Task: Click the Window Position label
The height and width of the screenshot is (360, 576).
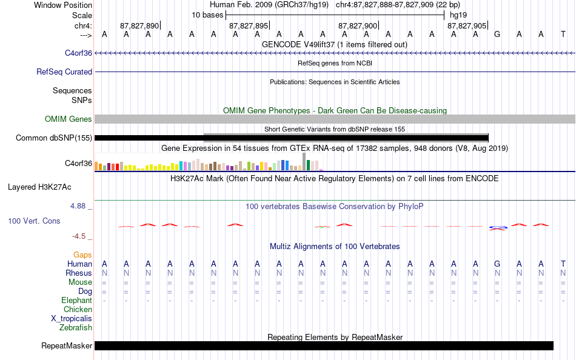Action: pos(63,5)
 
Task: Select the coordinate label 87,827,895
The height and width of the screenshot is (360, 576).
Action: pos(249,25)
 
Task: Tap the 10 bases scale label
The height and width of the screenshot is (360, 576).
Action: pos(207,15)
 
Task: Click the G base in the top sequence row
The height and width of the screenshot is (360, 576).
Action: pos(497,35)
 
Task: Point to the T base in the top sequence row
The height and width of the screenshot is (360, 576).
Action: pos(563,35)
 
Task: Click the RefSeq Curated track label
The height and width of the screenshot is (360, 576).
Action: pos(64,72)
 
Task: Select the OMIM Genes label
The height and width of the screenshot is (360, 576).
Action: pos(69,119)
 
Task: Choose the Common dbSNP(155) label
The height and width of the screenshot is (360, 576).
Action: pos(54,138)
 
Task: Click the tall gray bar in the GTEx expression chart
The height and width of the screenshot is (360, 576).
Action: pos(304,162)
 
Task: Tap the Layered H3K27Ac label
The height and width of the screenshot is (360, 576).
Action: pos(39,187)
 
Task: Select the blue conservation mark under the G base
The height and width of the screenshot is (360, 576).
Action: pos(498,228)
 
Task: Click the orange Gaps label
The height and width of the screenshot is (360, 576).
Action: pos(82,255)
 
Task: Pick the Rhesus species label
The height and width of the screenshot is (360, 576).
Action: pos(79,273)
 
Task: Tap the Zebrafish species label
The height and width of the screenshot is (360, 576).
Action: pos(76,327)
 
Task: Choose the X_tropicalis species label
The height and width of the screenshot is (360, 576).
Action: pos(72,319)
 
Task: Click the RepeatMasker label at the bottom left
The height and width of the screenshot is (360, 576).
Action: pos(67,345)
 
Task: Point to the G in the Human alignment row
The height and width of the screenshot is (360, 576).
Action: pos(497,264)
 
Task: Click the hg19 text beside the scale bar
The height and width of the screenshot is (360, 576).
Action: pos(458,15)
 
